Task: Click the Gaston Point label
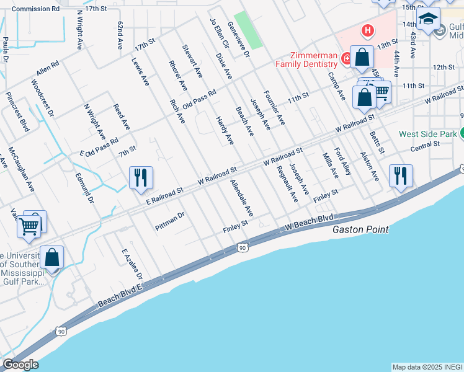pos(360,229)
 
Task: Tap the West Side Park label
pos(427,134)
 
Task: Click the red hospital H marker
pos(368,29)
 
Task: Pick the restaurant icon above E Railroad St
pos(141,177)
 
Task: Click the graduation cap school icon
pos(428,19)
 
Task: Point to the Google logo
pos(20,365)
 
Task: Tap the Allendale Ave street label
pos(242,198)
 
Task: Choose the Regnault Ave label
pos(287,184)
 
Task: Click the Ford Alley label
pos(343,161)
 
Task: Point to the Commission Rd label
pos(36,9)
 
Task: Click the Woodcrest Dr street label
pos(42,98)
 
